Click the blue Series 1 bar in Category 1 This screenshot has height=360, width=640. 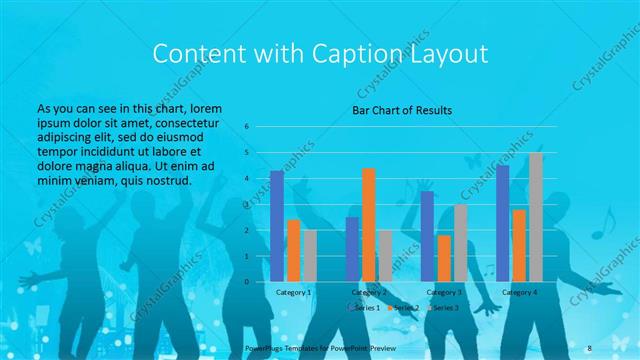(277, 226)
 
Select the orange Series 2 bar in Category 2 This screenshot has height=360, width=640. (368, 224)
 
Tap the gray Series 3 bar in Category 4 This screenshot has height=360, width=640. (535, 217)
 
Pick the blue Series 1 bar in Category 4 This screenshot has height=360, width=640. (502, 223)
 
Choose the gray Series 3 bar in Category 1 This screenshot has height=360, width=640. (309, 255)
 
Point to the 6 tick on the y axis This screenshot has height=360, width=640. (246, 127)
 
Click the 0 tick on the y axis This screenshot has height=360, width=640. (246, 281)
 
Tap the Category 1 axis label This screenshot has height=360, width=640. (293, 292)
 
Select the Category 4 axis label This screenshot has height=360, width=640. (519, 292)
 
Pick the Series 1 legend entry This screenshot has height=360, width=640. (365, 307)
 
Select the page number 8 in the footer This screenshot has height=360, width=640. (589, 348)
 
